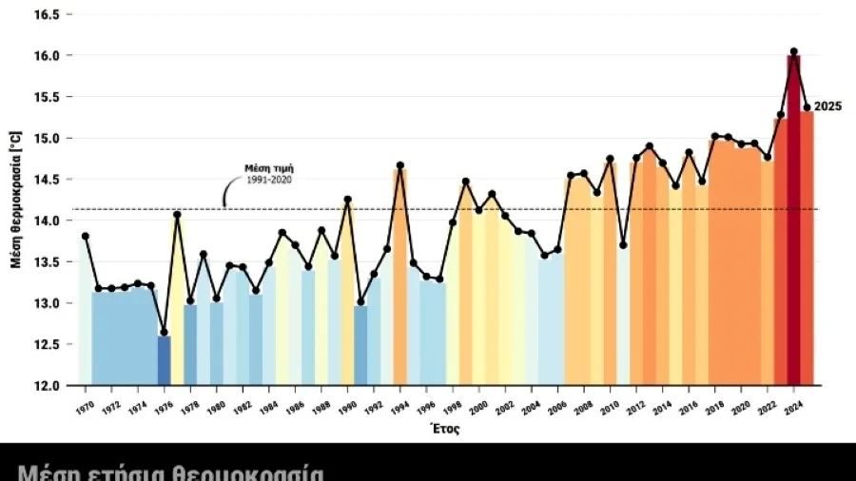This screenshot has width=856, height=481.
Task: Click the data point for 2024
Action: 793,52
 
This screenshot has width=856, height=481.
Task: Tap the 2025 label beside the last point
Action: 827,107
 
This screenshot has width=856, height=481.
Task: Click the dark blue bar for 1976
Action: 164,360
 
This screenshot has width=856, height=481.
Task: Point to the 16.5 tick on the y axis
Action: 48,15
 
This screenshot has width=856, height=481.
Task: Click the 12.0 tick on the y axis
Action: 48,386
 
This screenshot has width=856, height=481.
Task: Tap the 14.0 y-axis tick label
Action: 48,221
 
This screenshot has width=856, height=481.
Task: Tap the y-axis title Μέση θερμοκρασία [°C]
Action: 15,202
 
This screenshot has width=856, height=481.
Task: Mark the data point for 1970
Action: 86,236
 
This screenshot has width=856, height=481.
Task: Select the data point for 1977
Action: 177,215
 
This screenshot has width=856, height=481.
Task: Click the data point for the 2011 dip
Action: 623,245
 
